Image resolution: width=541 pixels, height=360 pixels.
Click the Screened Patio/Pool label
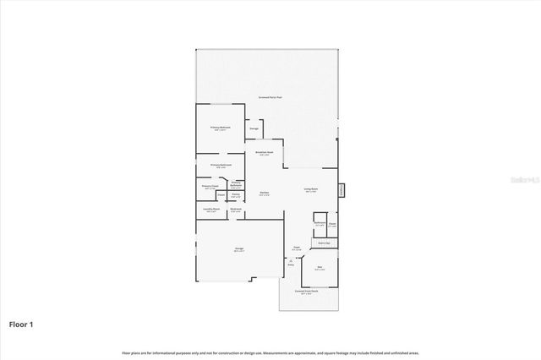coord(270,97)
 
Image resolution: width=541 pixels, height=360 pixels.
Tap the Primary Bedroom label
coord(221,128)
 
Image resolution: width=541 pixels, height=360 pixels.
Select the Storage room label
coord(254,128)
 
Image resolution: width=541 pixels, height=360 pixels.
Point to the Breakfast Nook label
coord(264,153)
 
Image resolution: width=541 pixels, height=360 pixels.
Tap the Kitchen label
coord(264,193)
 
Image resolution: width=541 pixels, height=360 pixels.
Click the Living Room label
coord(310,189)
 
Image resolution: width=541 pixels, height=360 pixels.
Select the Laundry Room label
coord(211,210)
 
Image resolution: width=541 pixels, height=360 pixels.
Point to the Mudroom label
coord(237,210)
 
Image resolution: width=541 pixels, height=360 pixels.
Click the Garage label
coord(239,248)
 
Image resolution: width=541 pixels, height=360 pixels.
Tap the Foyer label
coord(296,248)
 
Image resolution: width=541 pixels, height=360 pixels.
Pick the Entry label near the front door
coord(291,264)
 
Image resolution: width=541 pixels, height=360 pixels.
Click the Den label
coord(320,268)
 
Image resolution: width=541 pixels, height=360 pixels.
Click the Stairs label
coord(325,242)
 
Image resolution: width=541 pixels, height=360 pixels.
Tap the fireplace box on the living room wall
coord(342,190)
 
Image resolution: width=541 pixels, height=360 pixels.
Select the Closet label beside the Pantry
coord(220,195)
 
